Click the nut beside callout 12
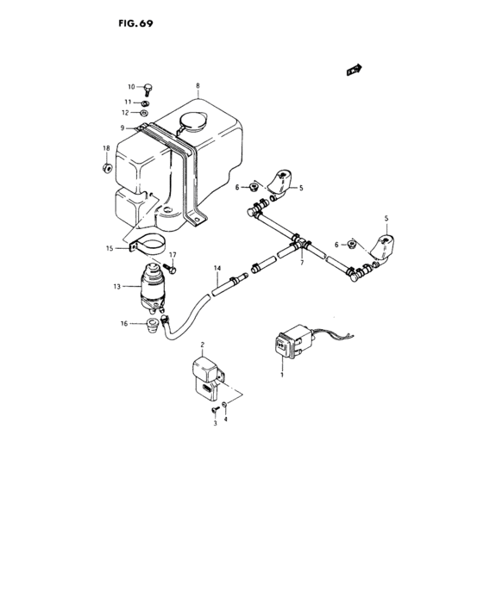point(143,113)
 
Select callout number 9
point(122,128)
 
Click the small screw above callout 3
point(214,413)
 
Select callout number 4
point(227,419)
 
